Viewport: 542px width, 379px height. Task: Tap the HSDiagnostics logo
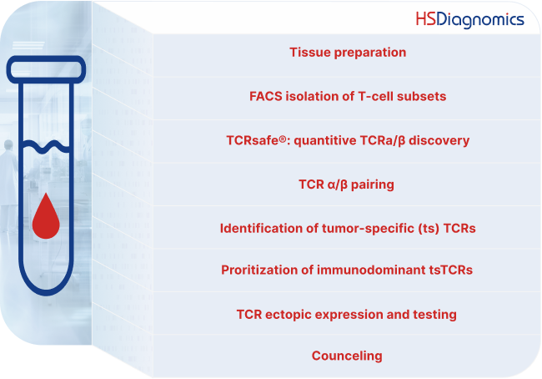pyautogui.click(x=469, y=18)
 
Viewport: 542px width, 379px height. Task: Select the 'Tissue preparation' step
pyautogui.click(x=348, y=53)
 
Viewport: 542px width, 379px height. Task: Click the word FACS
pyautogui.click(x=267, y=96)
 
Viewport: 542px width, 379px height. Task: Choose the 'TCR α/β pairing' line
pyautogui.click(x=346, y=184)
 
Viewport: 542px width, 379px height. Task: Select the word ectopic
pyautogui.click(x=294, y=315)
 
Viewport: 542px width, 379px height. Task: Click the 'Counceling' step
pyautogui.click(x=347, y=356)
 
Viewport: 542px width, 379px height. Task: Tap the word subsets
pyautogui.click(x=421, y=96)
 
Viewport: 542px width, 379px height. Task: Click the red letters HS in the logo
pyautogui.click(x=427, y=18)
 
